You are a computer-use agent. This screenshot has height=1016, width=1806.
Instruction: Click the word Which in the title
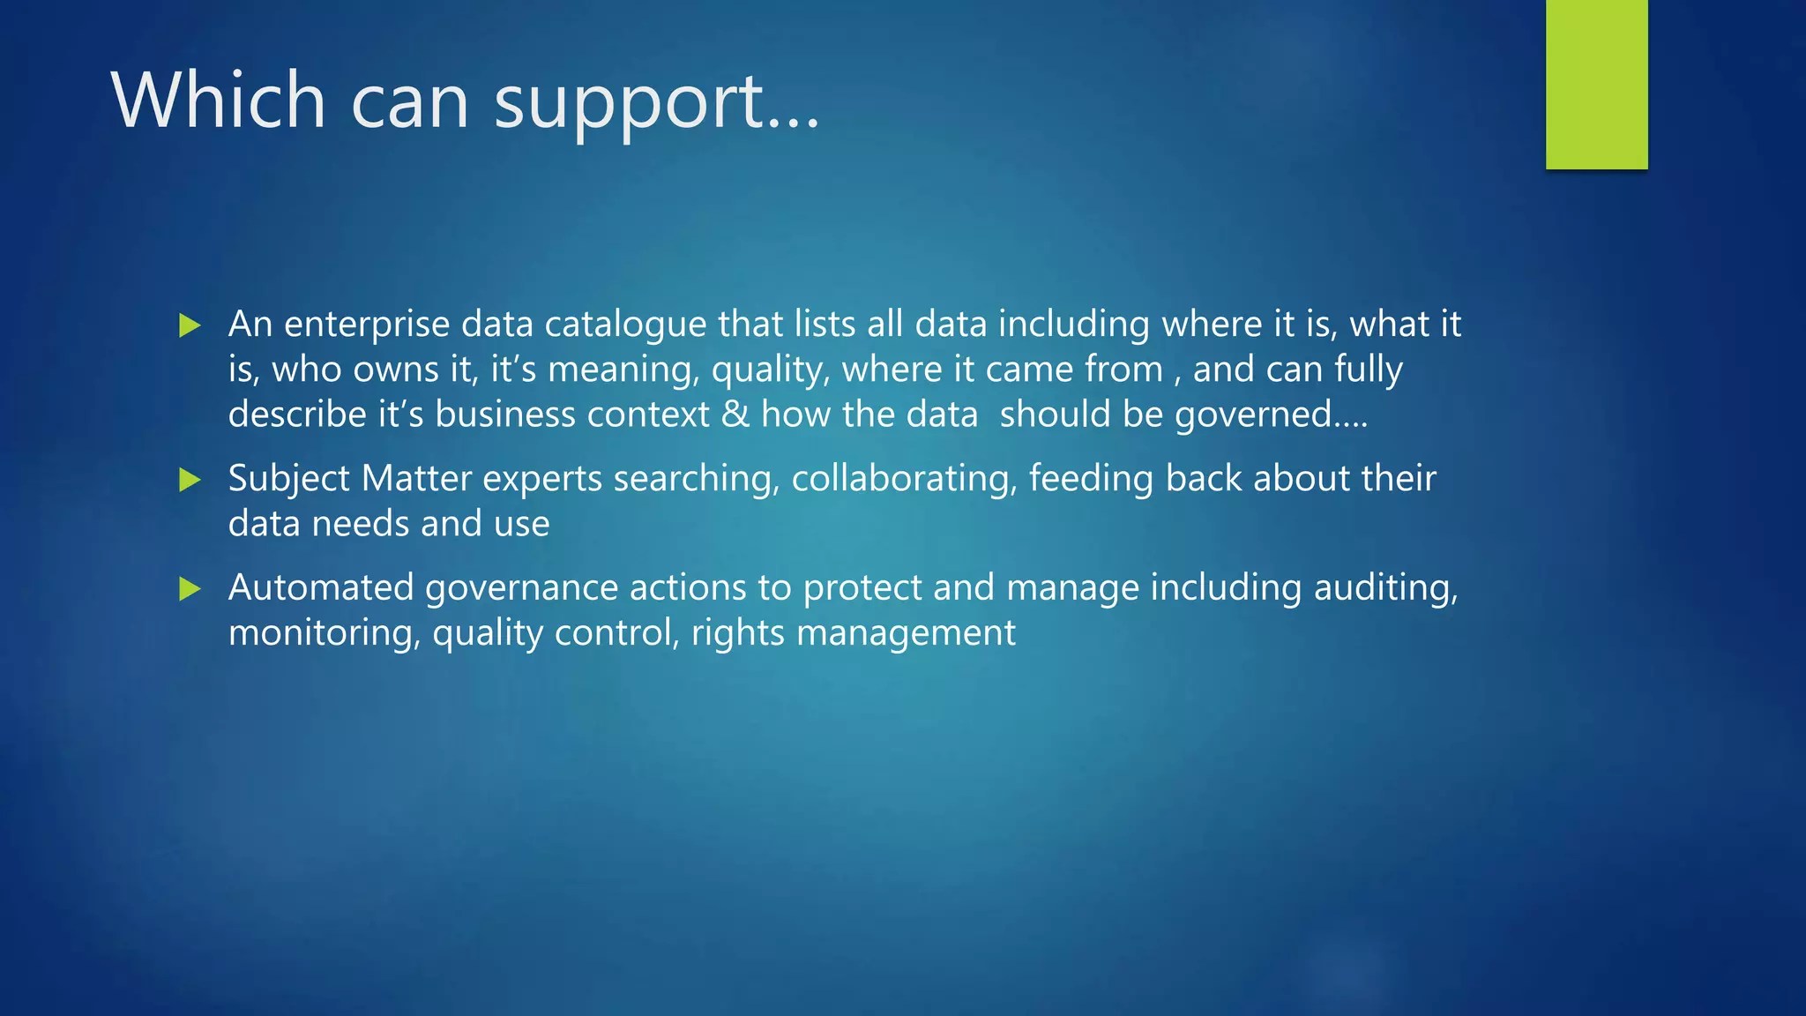[x=220, y=99]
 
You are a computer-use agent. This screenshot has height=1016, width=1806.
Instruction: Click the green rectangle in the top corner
[x=1596, y=85]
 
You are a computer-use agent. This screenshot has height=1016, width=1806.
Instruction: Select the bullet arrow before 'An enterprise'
[x=190, y=325]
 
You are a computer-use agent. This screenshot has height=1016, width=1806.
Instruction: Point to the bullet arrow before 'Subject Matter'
[x=190, y=480]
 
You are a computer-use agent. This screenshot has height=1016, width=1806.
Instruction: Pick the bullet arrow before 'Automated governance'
[x=190, y=589]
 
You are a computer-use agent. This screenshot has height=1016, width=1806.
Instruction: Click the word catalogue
[x=625, y=325]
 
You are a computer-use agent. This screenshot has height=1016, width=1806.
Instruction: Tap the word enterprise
[x=367, y=325]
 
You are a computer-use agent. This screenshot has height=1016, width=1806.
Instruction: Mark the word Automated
[x=321, y=588]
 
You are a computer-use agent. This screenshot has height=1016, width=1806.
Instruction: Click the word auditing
[x=1385, y=589]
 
